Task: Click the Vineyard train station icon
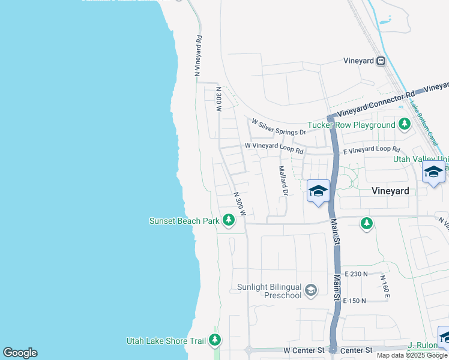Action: [x=381, y=61]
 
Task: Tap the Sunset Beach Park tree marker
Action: [x=228, y=221]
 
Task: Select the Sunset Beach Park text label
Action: [x=184, y=221]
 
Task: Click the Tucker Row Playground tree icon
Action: [x=405, y=125]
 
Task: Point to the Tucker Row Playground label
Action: [x=351, y=125]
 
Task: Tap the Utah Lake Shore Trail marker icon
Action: [x=215, y=341]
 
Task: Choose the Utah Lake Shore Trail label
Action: [x=166, y=341]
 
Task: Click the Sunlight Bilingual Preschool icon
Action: [x=310, y=291]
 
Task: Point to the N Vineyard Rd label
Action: [x=198, y=55]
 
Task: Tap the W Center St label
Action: [x=303, y=350]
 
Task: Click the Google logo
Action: [x=20, y=353]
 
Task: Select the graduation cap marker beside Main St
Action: [x=318, y=191]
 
